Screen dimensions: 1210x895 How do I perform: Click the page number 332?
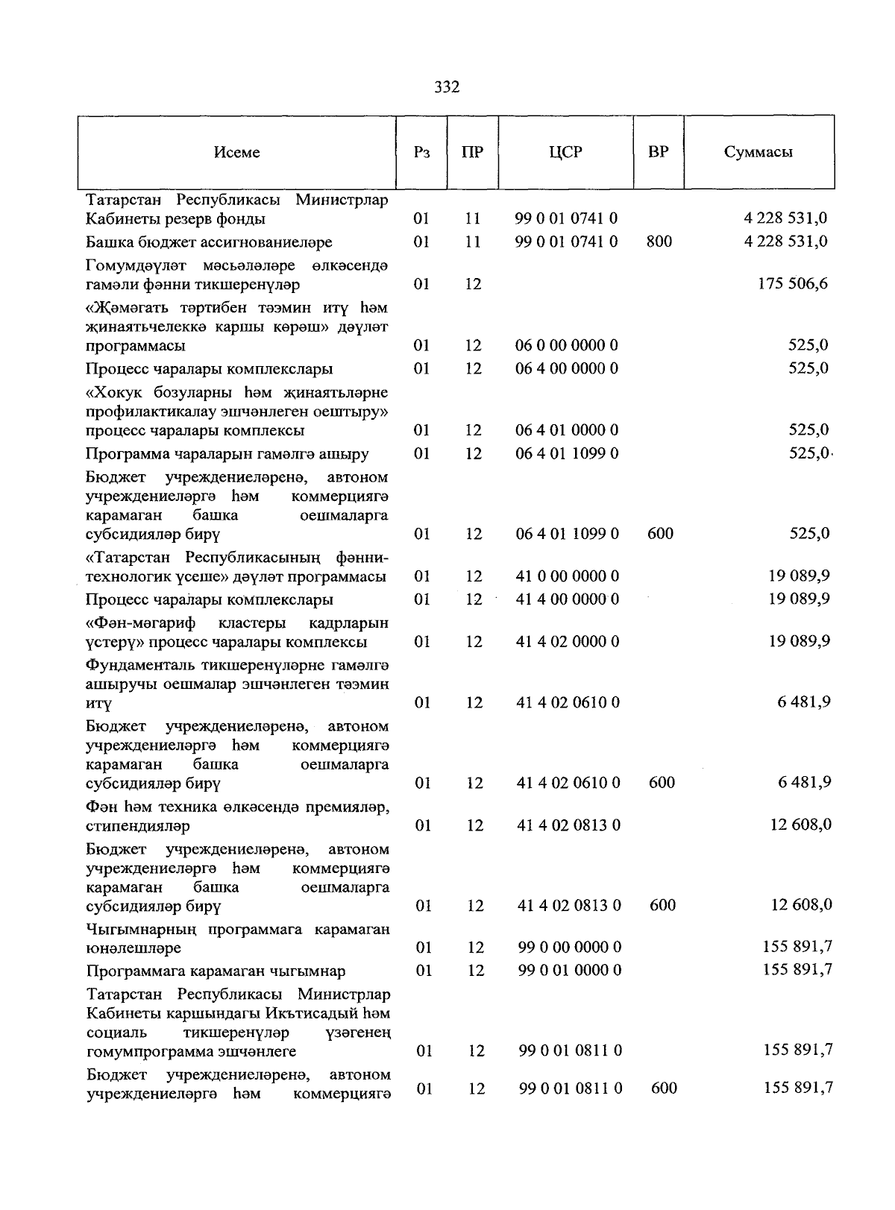click(x=447, y=87)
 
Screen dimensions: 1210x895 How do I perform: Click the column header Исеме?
click(x=236, y=152)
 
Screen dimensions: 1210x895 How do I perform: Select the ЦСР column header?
click(x=565, y=152)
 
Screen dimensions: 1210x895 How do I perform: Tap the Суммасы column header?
click(x=758, y=152)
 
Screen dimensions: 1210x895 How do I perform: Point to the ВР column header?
click(x=658, y=152)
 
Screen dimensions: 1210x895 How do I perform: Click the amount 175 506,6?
click(x=791, y=283)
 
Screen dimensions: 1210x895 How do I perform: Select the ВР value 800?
click(x=659, y=242)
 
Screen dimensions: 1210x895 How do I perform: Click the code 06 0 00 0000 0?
click(x=567, y=345)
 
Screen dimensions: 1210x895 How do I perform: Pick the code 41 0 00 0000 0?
click(x=568, y=576)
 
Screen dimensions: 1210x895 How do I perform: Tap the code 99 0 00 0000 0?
click(x=570, y=948)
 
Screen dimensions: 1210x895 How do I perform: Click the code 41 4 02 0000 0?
click(x=568, y=642)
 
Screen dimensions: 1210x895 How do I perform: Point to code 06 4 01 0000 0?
click(x=567, y=430)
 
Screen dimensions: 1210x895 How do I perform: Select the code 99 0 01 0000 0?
click(x=570, y=971)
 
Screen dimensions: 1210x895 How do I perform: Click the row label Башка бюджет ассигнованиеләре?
click(x=209, y=242)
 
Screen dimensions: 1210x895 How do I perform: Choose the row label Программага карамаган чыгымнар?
click(x=216, y=971)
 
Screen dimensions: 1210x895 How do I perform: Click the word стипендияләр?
click(x=138, y=826)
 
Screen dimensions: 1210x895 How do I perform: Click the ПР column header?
click(x=472, y=152)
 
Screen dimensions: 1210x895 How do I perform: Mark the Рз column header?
click(x=421, y=152)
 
